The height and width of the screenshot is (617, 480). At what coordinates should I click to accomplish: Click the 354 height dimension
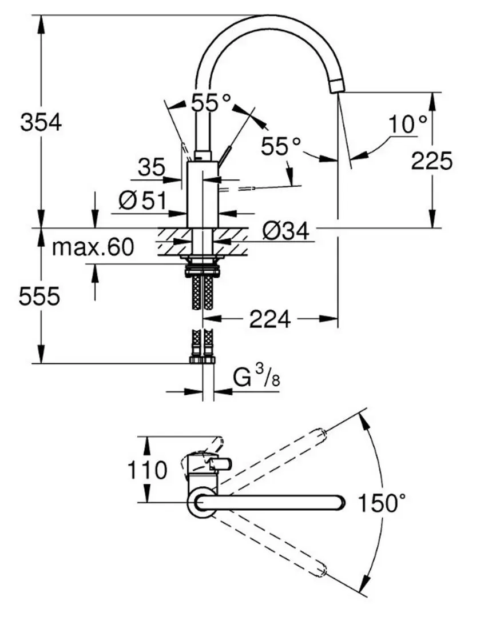pyautogui.click(x=41, y=122)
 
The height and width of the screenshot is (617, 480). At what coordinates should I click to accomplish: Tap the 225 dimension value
pyautogui.click(x=431, y=161)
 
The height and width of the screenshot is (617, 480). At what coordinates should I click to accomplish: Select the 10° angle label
pyautogui.click(x=407, y=124)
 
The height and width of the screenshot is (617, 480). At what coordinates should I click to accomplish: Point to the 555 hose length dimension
pyautogui.click(x=39, y=296)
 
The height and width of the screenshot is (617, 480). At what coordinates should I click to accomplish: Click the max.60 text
pyautogui.click(x=93, y=247)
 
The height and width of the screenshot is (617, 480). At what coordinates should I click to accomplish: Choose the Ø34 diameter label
pyautogui.click(x=285, y=231)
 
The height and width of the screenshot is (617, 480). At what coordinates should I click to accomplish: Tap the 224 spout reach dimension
pyautogui.click(x=270, y=319)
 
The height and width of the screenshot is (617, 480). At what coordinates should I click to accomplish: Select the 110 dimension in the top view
pyautogui.click(x=147, y=470)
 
